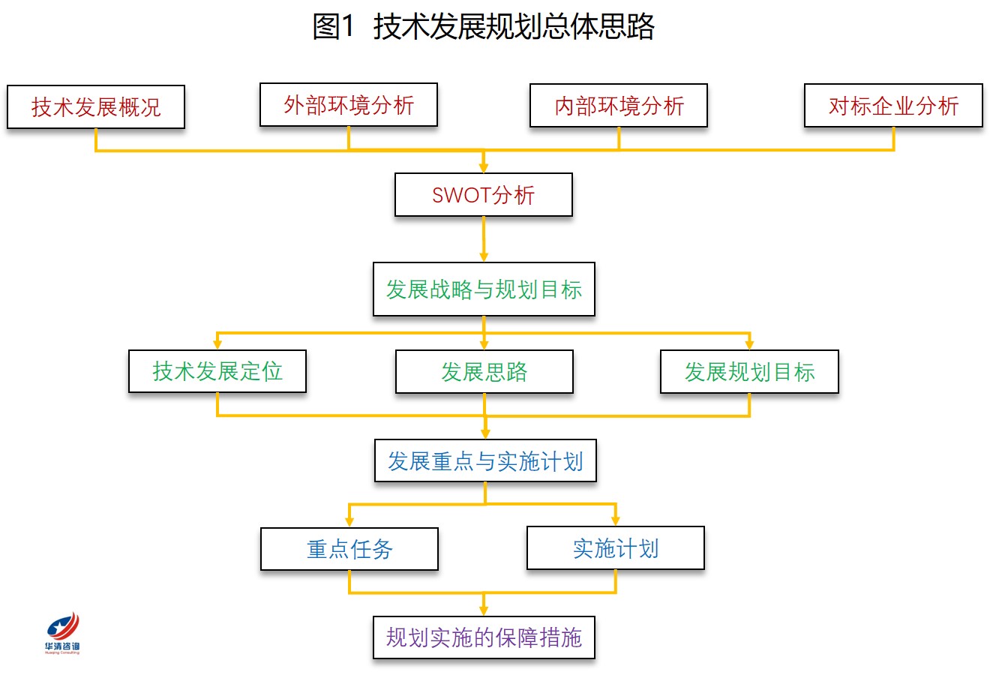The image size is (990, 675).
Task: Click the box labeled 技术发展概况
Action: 96,107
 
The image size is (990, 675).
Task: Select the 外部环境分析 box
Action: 349,105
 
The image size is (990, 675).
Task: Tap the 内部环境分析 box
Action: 619,106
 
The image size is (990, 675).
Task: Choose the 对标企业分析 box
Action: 894,106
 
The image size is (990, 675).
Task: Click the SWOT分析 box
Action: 484,195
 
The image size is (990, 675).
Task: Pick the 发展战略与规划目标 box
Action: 484,289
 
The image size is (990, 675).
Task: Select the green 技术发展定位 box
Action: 217,371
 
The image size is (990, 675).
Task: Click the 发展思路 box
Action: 484,372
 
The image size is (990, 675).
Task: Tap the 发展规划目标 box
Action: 749,372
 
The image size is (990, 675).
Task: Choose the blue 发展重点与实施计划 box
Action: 485,460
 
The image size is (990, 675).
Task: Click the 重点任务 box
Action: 349,549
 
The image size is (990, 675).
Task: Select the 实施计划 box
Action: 616,548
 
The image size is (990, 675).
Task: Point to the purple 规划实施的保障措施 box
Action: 484,637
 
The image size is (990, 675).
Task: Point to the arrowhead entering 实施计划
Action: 616,520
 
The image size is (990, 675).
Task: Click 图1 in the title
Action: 333,26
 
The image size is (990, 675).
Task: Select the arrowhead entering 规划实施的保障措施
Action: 484,610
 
